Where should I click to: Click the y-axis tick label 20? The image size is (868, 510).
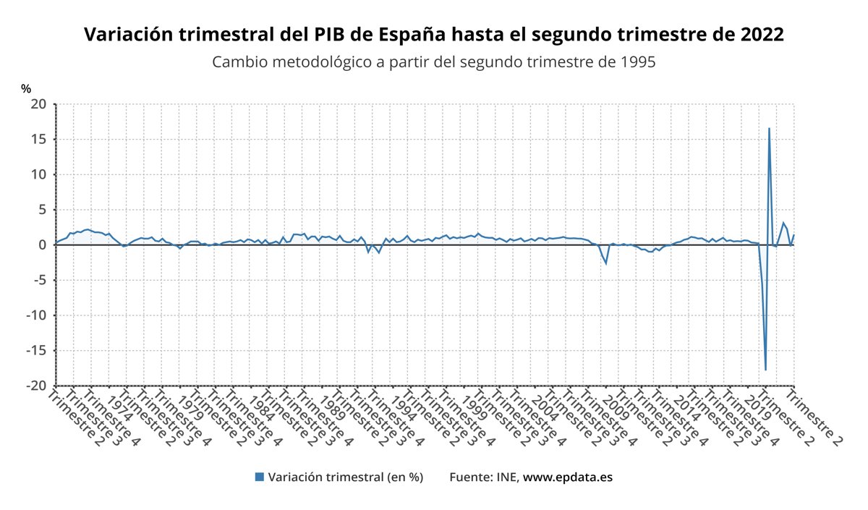pyautogui.click(x=39, y=104)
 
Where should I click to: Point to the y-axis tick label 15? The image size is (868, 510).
pyautogui.click(x=39, y=140)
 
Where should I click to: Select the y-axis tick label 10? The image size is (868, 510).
pyautogui.click(x=39, y=174)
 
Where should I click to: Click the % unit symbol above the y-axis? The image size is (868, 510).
pyautogui.click(x=26, y=88)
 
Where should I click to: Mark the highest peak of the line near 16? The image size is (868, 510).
pyautogui.click(x=769, y=129)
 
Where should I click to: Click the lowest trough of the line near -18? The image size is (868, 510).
pyautogui.click(x=765, y=370)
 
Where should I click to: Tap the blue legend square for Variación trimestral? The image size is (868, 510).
pyautogui.click(x=259, y=477)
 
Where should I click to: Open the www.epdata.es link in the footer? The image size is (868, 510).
pyautogui.click(x=568, y=477)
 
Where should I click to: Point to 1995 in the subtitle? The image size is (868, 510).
pyautogui.click(x=638, y=62)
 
